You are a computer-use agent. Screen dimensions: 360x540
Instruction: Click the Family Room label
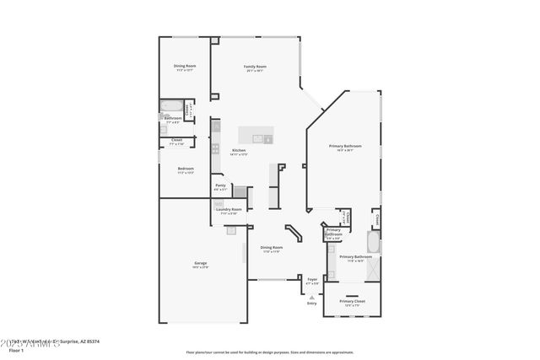255,67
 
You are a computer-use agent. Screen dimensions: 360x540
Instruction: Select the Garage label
201,265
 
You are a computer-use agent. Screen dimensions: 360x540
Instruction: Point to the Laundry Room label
230,209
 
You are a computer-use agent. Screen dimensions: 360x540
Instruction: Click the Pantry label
220,185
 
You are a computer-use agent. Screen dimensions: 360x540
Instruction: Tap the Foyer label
312,278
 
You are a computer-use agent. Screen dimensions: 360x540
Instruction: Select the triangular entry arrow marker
312,297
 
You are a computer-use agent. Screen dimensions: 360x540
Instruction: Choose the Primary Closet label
352,301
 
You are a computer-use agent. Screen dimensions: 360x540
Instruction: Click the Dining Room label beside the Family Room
185,67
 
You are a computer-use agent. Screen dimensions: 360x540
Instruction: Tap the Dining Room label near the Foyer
271,248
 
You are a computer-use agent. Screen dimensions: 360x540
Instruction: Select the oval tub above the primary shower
374,243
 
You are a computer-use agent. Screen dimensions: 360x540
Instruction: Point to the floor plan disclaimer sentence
270,352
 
